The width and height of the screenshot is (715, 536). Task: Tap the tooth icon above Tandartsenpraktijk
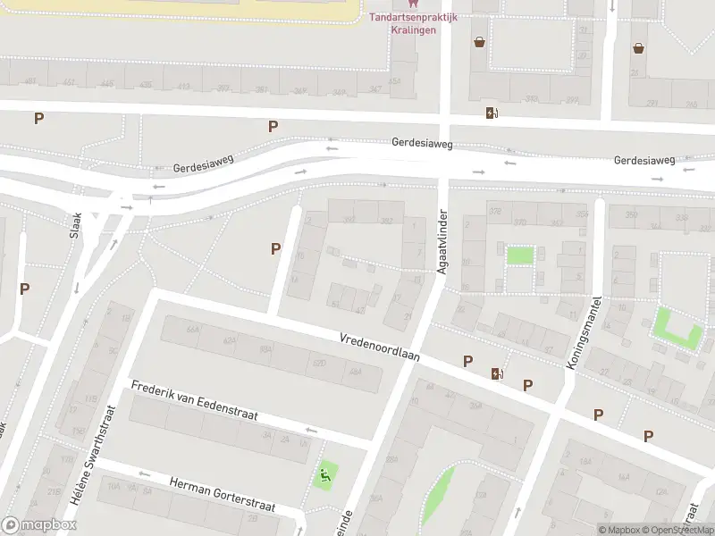[413, 4]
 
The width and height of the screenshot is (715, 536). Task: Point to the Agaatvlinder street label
[441, 242]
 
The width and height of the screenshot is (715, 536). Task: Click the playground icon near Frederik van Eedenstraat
[324, 475]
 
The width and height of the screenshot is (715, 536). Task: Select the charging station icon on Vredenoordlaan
[496, 373]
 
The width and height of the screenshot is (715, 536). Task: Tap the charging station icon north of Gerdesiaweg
[491, 113]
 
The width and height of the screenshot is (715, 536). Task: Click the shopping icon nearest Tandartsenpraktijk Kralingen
[480, 42]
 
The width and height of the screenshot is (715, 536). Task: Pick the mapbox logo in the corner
[38, 525]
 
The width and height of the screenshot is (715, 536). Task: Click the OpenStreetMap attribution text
[677, 530]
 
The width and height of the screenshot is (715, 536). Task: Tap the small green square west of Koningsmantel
[519, 255]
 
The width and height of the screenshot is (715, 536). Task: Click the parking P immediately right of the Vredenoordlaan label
[467, 361]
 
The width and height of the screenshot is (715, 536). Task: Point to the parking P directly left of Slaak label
[25, 289]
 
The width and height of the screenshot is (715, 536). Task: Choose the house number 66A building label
[192, 329]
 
